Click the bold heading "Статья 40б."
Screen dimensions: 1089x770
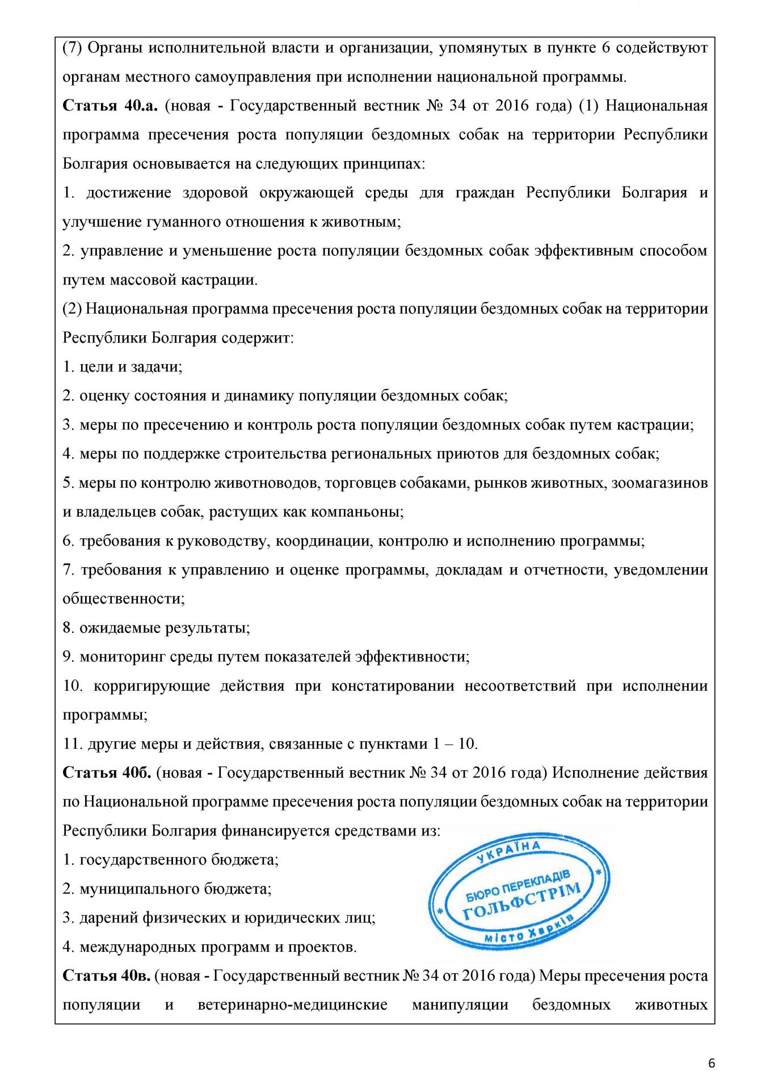point(106,773)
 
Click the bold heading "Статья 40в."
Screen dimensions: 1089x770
point(106,976)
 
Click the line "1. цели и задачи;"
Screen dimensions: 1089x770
point(122,367)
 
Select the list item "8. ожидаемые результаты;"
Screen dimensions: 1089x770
point(156,628)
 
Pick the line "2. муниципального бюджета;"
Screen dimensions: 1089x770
point(167,889)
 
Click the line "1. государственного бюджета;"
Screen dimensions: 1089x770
point(170,860)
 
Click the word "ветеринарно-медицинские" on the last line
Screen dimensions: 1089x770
point(292,1005)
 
